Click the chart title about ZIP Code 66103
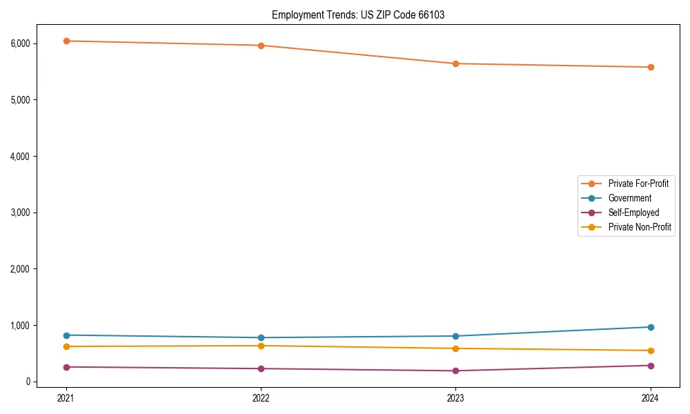357,14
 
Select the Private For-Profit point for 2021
66,41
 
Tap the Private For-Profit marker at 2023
455,63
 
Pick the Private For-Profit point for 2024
651,67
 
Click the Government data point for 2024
651,327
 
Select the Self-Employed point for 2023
455,371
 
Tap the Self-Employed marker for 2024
651,366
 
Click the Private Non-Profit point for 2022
261,346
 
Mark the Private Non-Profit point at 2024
651,351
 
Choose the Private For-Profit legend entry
638,184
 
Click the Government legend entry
629,198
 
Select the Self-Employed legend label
633,213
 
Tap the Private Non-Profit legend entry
640,227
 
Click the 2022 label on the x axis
261,397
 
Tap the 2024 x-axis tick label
651,397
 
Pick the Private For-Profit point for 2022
261,46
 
